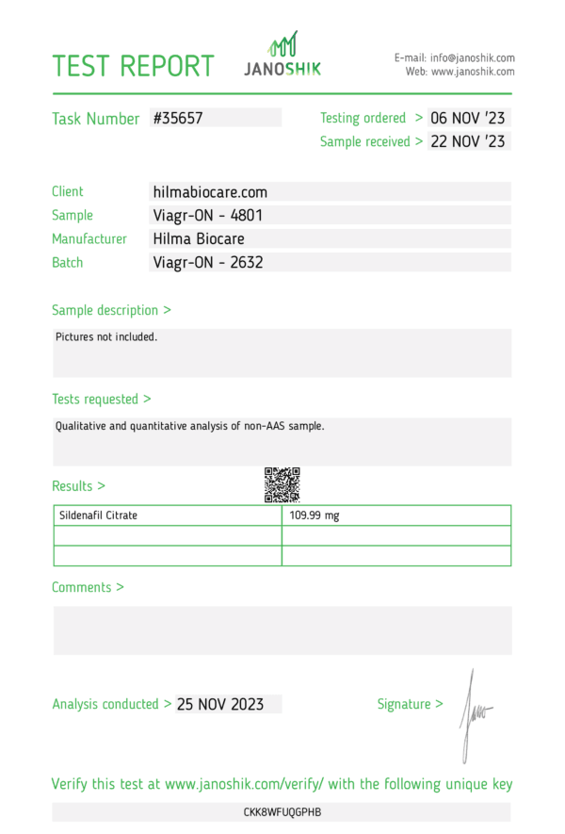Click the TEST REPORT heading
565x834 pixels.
pyautogui.click(x=133, y=66)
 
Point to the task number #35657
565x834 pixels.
pyautogui.click(x=178, y=119)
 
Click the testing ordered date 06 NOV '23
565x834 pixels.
pyautogui.click(x=468, y=119)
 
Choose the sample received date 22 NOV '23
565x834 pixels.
pyautogui.click(x=468, y=142)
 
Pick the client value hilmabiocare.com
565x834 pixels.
pyautogui.click(x=210, y=192)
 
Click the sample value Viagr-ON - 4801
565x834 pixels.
pyautogui.click(x=207, y=216)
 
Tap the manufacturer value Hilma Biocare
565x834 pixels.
pyautogui.click(x=198, y=239)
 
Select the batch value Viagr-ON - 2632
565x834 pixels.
pyautogui.click(x=207, y=263)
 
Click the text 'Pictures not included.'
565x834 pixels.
pyautogui.click(x=106, y=336)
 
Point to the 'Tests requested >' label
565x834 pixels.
pyautogui.click(x=102, y=400)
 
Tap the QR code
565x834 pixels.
pyautogui.click(x=282, y=484)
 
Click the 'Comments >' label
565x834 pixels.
pyautogui.click(x=88, y=588)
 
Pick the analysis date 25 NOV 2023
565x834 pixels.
pyautogui.click(x=220, y=704)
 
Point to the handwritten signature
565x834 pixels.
pyautogui.click(x=474, y=713)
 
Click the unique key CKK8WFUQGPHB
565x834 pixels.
pyautogui.click(x=282, y=812)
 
